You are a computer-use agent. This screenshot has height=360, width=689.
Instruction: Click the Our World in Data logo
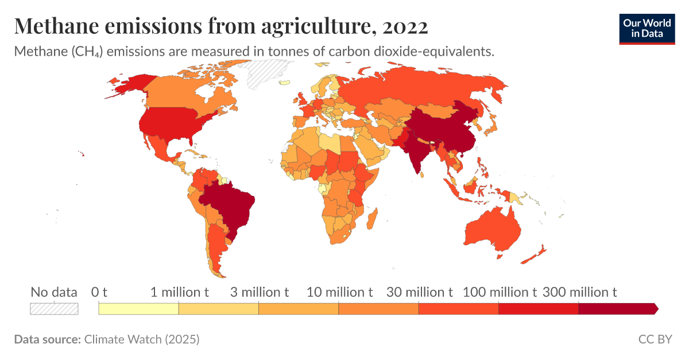647,27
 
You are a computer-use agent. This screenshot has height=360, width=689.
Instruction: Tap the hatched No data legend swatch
54,308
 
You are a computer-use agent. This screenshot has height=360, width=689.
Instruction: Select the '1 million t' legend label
179,292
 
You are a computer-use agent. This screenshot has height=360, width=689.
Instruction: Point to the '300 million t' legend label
580,292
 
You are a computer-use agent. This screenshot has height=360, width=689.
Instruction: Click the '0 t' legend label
99,292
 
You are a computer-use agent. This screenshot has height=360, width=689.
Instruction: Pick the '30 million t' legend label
419,292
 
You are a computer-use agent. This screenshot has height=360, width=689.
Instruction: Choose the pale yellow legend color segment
138,308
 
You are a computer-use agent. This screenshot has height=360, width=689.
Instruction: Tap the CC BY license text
655,339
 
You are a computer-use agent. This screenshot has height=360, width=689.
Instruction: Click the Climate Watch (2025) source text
142,339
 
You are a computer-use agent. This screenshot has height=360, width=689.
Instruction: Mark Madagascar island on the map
371,218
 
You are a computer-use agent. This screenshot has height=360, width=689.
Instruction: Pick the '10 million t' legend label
339,292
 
